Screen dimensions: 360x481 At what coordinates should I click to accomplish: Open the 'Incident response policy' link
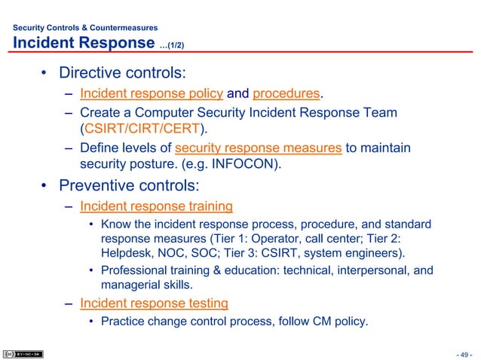coord(152,94)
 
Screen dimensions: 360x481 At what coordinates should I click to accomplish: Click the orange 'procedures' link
coord(286,94)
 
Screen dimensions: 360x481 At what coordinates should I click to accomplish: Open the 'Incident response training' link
coord(156,206)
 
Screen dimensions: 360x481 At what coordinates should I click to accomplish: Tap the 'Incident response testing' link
coord(154,304)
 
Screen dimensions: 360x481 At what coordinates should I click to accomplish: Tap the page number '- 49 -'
coord(463,353)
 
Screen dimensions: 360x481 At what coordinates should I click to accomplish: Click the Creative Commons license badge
coord(23,352)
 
